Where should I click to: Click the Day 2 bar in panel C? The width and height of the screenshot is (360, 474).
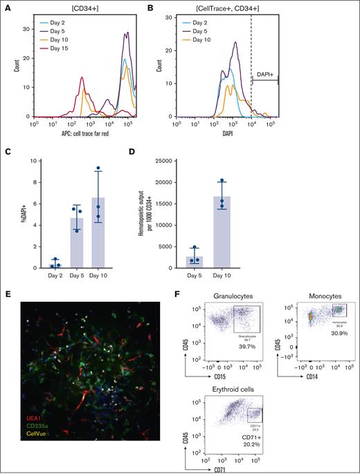point(55,266)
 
